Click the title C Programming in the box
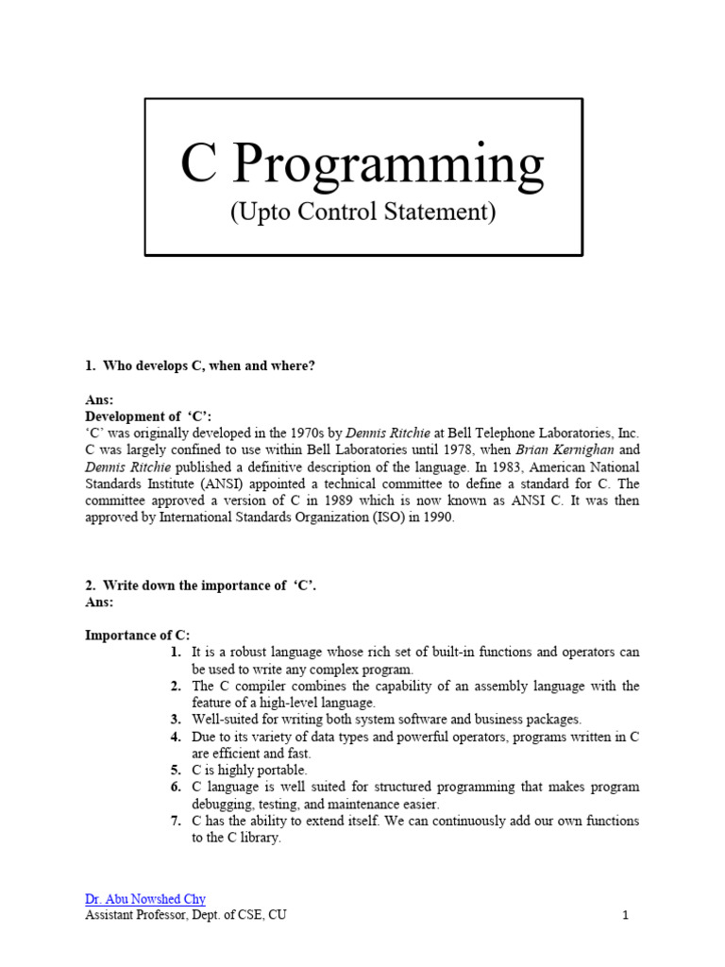pos(362,164)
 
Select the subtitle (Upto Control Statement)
pos(362,212)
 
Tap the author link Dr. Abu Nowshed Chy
pos(145,899)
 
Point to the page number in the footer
pos(625,915)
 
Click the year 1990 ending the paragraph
pos(437,518)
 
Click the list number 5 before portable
pos(176,771)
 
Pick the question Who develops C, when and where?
pos(208,365)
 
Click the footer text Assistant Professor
pos(132,915)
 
